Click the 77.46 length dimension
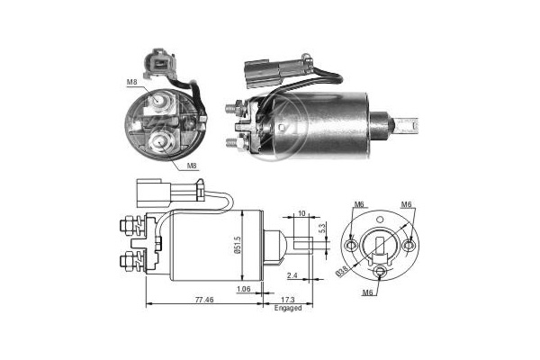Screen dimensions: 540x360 coord(204,300)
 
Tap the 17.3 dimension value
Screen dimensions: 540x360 coord(288,300)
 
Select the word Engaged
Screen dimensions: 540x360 coord(288,308)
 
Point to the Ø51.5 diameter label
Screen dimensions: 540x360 coord(237,245)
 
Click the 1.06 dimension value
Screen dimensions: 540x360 coord(244,289)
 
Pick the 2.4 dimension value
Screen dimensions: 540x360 coord(292,275)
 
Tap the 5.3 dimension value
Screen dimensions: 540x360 coord(322,229)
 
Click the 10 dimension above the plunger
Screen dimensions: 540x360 coord(301,213)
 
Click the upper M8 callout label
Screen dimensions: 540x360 coord(132,82)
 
